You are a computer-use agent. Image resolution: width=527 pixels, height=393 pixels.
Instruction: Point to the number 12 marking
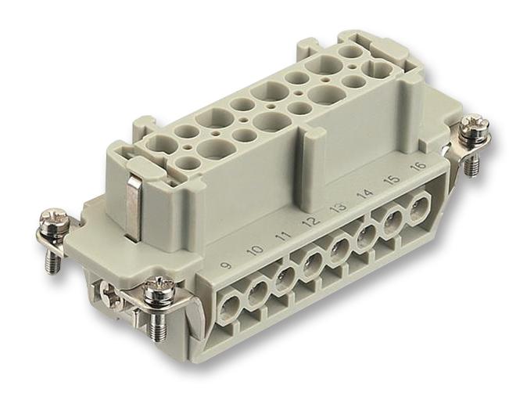pyautogui.click(x=310, y=222)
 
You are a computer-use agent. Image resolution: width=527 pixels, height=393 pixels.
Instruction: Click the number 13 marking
pyautogui.click(x=337, y=208)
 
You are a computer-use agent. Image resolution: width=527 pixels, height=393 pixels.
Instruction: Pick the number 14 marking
pyautogui.click(x=364, y=194)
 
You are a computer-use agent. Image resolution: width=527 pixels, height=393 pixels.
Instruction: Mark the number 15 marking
pyautogui.click(x=390, y=181)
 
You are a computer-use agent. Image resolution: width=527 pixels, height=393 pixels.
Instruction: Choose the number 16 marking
pyautogui.click(x=416, y=168)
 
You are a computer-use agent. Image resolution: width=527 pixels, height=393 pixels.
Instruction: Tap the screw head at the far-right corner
pyautogui.click(x=473, y=127)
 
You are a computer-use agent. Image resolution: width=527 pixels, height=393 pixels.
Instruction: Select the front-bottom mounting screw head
pyautogui.click(x=159, y=289)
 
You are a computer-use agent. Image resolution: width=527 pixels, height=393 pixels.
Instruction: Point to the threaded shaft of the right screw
pyautogui.click(x=471, y=164)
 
